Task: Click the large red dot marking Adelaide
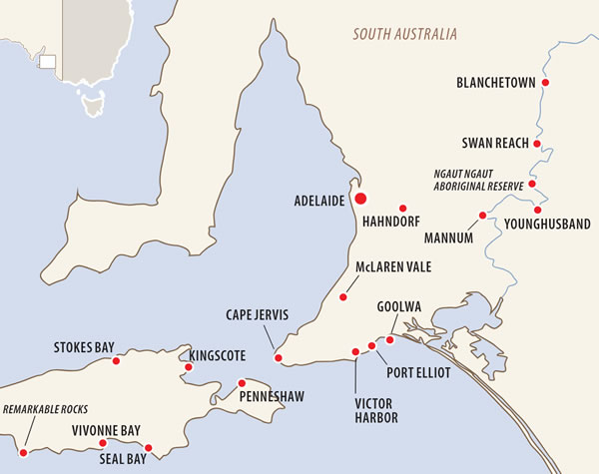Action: (360, 199)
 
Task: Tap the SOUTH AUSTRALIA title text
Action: (405, 34)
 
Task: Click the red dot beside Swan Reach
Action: (537, 144)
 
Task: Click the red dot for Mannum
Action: (482, 215)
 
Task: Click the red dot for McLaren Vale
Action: (343, 296)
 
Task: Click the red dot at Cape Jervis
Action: (279, 358)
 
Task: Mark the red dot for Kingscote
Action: (188, 367)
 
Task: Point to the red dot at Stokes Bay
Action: (117, 360)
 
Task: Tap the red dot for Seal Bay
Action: (149, 447)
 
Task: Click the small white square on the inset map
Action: (47, 62)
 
